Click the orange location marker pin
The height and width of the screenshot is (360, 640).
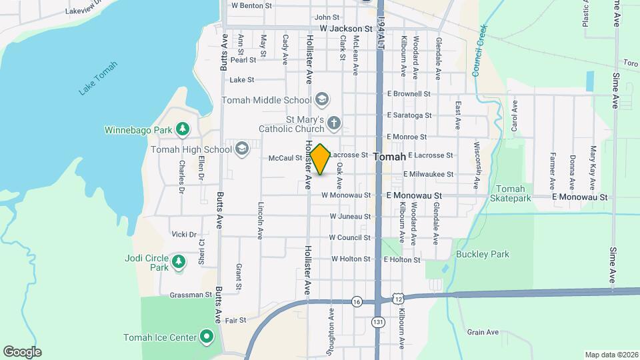coord(321,159)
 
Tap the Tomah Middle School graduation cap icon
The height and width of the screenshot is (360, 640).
coord(323,100)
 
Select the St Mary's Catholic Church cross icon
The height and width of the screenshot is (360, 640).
coord(334,123)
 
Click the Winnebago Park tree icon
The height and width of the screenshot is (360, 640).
coord(182,129)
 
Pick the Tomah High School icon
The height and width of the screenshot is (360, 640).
coord(241,149)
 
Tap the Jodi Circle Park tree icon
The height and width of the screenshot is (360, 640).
coord(178,262)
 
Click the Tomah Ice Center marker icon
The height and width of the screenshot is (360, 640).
coord(207,337)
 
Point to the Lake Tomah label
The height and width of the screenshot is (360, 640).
coord(97,78)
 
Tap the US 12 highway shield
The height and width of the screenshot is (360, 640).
coord(397,294)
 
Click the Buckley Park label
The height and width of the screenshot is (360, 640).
coord(483,254)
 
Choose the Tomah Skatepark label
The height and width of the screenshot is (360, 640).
coord(511,193)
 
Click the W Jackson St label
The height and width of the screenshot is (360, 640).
coord(345,29)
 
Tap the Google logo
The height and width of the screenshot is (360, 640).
coord(22,352)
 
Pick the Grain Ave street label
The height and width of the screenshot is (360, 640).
coord(483,332)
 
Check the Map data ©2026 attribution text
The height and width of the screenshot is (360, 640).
coord(611,355)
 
